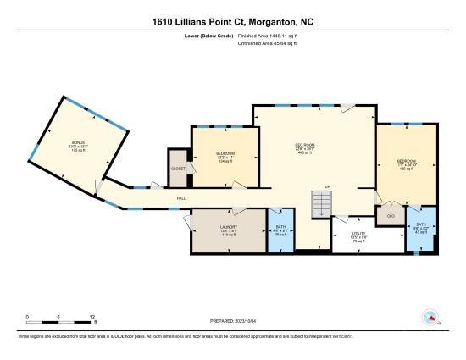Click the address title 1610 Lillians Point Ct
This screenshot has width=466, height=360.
point(232,20)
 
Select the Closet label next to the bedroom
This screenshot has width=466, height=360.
point(178,169)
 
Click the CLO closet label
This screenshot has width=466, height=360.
point(391,215)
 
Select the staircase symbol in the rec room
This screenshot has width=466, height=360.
point(321,204)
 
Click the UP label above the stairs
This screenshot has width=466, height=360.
point(326,186)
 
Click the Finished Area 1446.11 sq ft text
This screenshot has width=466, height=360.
point(269,36)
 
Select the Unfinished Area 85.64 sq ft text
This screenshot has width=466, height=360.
point(268,44)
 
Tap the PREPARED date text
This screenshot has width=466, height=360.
point(233,321)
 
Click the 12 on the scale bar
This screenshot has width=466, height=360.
point(92,317)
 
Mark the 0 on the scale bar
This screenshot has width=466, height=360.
point(27,317)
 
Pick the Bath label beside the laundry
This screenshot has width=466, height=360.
point(280,227)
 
